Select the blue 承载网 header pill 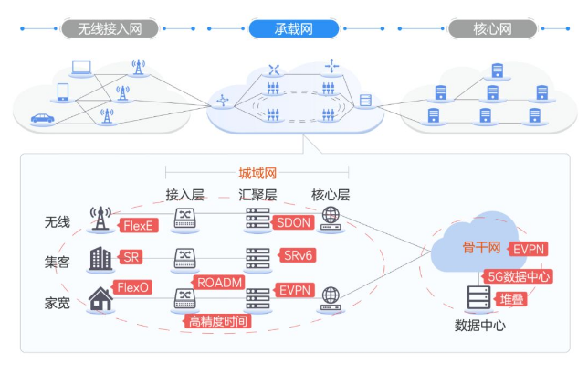pos(293,29)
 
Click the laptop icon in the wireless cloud pos(82,68)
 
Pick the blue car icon pos(42,118)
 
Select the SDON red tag pos(294,223)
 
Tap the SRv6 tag pos(297,256)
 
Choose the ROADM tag pos(219,282)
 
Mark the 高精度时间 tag pos(218,321)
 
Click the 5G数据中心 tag pos(518,276)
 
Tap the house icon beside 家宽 pos(100,298)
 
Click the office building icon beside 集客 pos(100,259)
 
